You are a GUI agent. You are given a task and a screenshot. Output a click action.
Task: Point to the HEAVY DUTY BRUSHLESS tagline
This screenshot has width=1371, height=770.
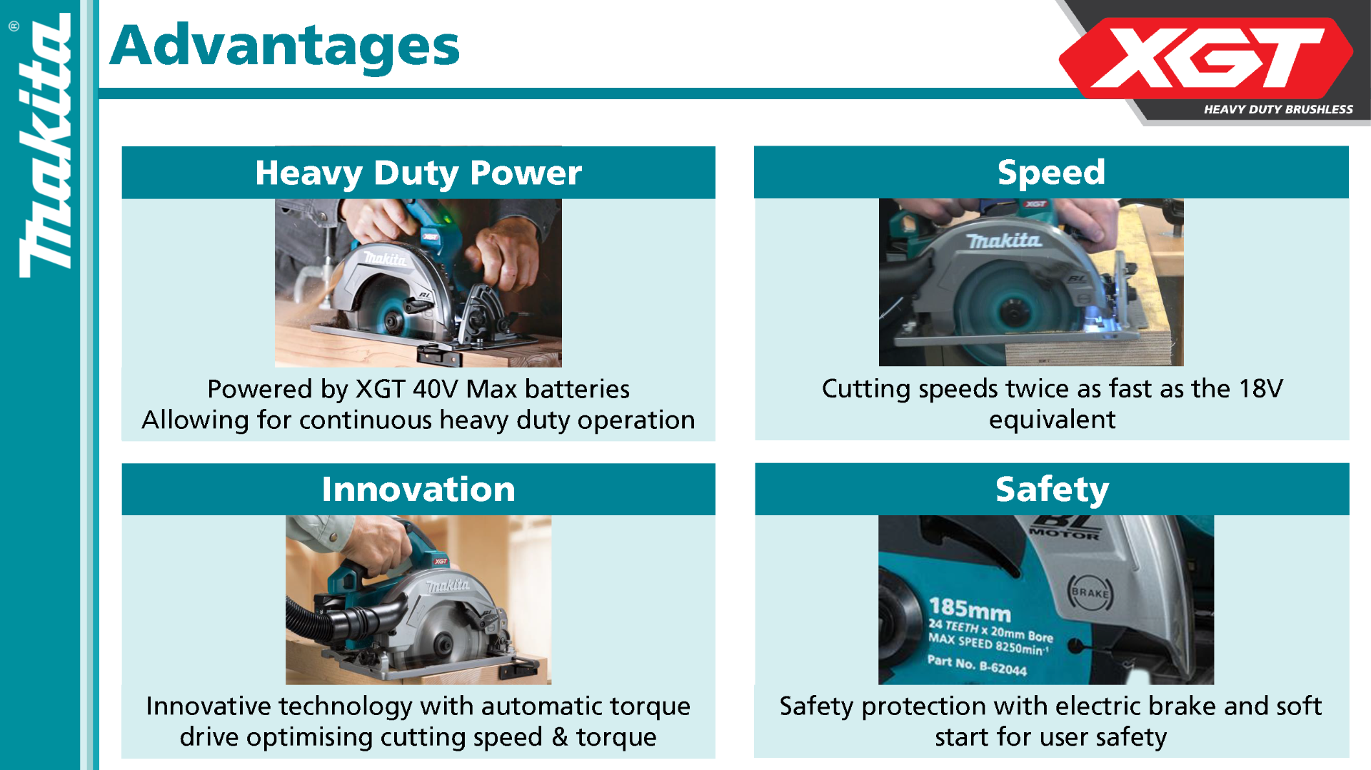pyautogui.click(x=1278, y=109)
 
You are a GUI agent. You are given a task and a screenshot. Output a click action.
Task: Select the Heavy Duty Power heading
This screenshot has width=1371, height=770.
pyautogui.click(x=418, y=173)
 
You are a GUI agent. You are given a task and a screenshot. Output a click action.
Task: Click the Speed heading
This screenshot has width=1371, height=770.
pyautogui.click(x=1051, y=172)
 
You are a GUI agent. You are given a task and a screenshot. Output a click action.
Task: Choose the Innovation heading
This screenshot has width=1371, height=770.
pyautogui.click(x=418, y=489)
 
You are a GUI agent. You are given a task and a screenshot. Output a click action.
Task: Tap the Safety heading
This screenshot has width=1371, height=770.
pyautogui.click(x=1052, y=490)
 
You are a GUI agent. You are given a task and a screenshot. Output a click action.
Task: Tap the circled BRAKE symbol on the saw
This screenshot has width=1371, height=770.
pyautogui.click(x=1090, y=592)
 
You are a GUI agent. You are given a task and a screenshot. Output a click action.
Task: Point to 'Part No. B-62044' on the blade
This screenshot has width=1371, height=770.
pyautogui.click(x=977, y=665)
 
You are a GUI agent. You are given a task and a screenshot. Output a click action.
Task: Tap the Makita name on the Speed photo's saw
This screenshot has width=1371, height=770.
pyautogui.click(x=1004, y=241)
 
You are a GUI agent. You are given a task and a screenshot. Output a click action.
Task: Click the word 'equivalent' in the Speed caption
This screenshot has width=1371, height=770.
pyautogui.click(x=1052, y=420)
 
